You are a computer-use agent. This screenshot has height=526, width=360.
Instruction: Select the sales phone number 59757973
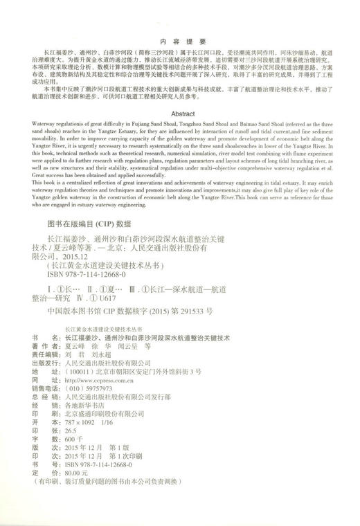(85, 388)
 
